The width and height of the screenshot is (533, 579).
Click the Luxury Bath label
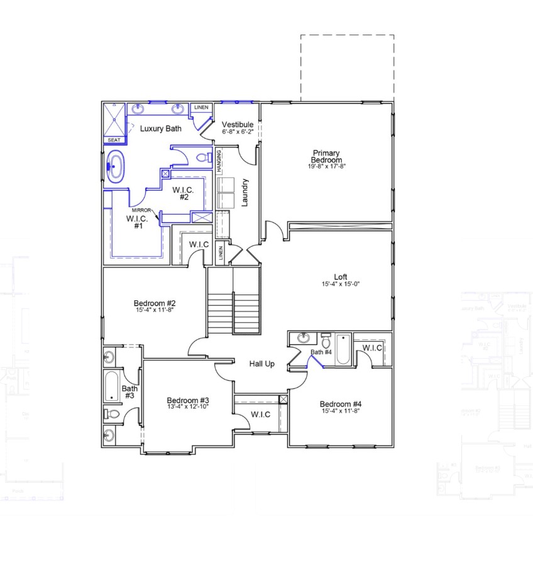pos(161,129)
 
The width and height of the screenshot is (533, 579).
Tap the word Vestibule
pos(238,125)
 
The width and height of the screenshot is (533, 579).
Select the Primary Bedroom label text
pos(327,157)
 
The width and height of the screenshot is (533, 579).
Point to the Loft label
pos(341,276)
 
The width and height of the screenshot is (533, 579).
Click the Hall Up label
pos(261,364)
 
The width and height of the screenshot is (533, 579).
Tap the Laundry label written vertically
pos(245,193)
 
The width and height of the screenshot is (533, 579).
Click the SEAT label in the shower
pos(114,140)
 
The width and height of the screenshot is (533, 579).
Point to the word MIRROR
pos(142,210)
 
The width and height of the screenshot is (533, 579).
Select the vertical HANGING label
pos(219,162)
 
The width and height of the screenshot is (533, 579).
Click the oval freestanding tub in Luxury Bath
pos(115,167)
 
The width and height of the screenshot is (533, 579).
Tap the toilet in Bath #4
pos(326,340)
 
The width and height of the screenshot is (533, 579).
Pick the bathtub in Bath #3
pos(112,386)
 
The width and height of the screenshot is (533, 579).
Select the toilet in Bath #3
pos(111,414)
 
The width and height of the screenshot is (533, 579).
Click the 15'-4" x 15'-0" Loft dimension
pos(341,284)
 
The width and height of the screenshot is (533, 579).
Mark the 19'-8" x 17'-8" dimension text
pos(327,167)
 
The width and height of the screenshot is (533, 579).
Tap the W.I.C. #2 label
pos(184,193)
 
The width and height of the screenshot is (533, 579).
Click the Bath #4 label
pos(321,352)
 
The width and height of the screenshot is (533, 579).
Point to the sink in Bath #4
pos(303,338)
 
